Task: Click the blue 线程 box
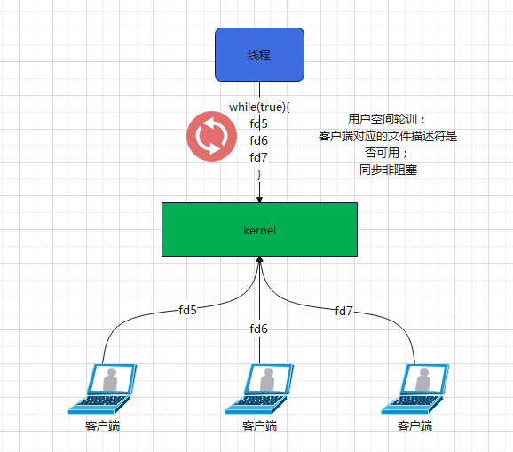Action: [259, 54]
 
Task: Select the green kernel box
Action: [259, 229]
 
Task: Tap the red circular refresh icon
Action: [210, 137]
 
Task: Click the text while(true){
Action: [259, 107]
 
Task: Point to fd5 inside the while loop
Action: [259, 123]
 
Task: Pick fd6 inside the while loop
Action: [259, 140]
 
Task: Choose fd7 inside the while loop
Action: [259, 157]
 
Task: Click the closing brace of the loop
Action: [259, 172]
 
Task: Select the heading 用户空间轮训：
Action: [388, 119]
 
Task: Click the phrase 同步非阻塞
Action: [388, 170]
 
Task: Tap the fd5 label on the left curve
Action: [187, 310]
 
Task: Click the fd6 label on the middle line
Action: [259, 329]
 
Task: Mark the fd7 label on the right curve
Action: [343, 311]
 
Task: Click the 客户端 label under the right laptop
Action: [414, 426]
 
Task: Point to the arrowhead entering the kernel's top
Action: [259, 199]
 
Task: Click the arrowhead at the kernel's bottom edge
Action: [259, 260]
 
